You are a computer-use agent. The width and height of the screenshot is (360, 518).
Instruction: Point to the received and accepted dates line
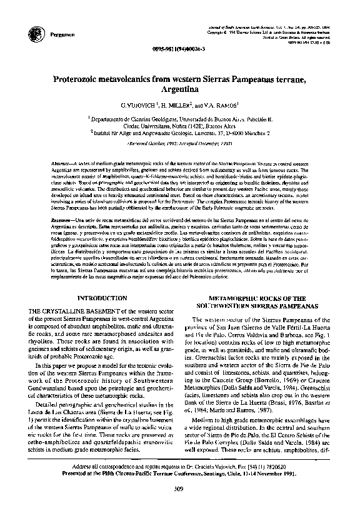point(180,143)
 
